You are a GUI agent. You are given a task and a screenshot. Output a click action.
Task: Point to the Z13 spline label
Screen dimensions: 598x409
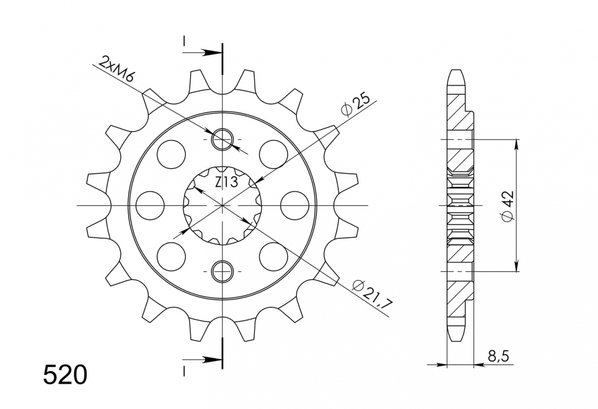pyautogui.click(x=226, y=182)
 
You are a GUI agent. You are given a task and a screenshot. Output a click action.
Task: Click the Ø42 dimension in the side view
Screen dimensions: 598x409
pyautogui.click(x=508, y=206)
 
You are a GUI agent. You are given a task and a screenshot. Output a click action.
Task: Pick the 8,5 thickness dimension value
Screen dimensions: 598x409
pyautogui.click(x=498, y=356)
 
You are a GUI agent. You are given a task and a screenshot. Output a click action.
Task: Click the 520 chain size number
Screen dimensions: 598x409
pyautogui.click(x=65, y=375)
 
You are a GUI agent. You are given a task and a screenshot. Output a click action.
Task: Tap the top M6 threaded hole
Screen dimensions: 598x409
pyautogui.click(x=222, y=139)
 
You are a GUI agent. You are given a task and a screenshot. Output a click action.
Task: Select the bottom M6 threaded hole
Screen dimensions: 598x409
pyautogui.click(x=222, y=272)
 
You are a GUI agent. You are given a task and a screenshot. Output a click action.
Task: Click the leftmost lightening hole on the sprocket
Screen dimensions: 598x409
pyautogui.click(x=150, y=205)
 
